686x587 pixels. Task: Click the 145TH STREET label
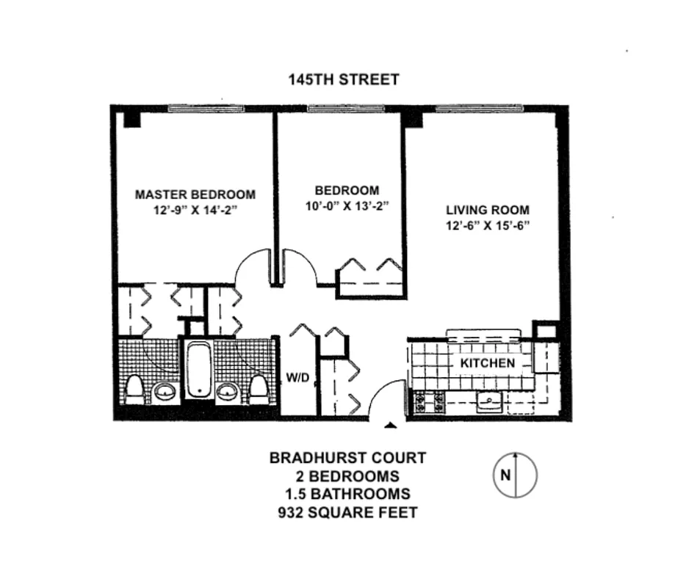tap(344, 79)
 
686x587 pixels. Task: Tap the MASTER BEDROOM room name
tap(195, 194)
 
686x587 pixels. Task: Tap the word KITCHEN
tap(487, 363)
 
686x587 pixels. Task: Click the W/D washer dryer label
tap(297, 379)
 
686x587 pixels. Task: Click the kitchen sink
tap(487, 402)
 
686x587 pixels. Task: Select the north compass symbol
tap(514, 474)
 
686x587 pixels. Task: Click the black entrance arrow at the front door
tap(391, 425)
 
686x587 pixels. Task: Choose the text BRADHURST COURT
tap(347, 458)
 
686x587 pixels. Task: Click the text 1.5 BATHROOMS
tap(347, 493)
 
